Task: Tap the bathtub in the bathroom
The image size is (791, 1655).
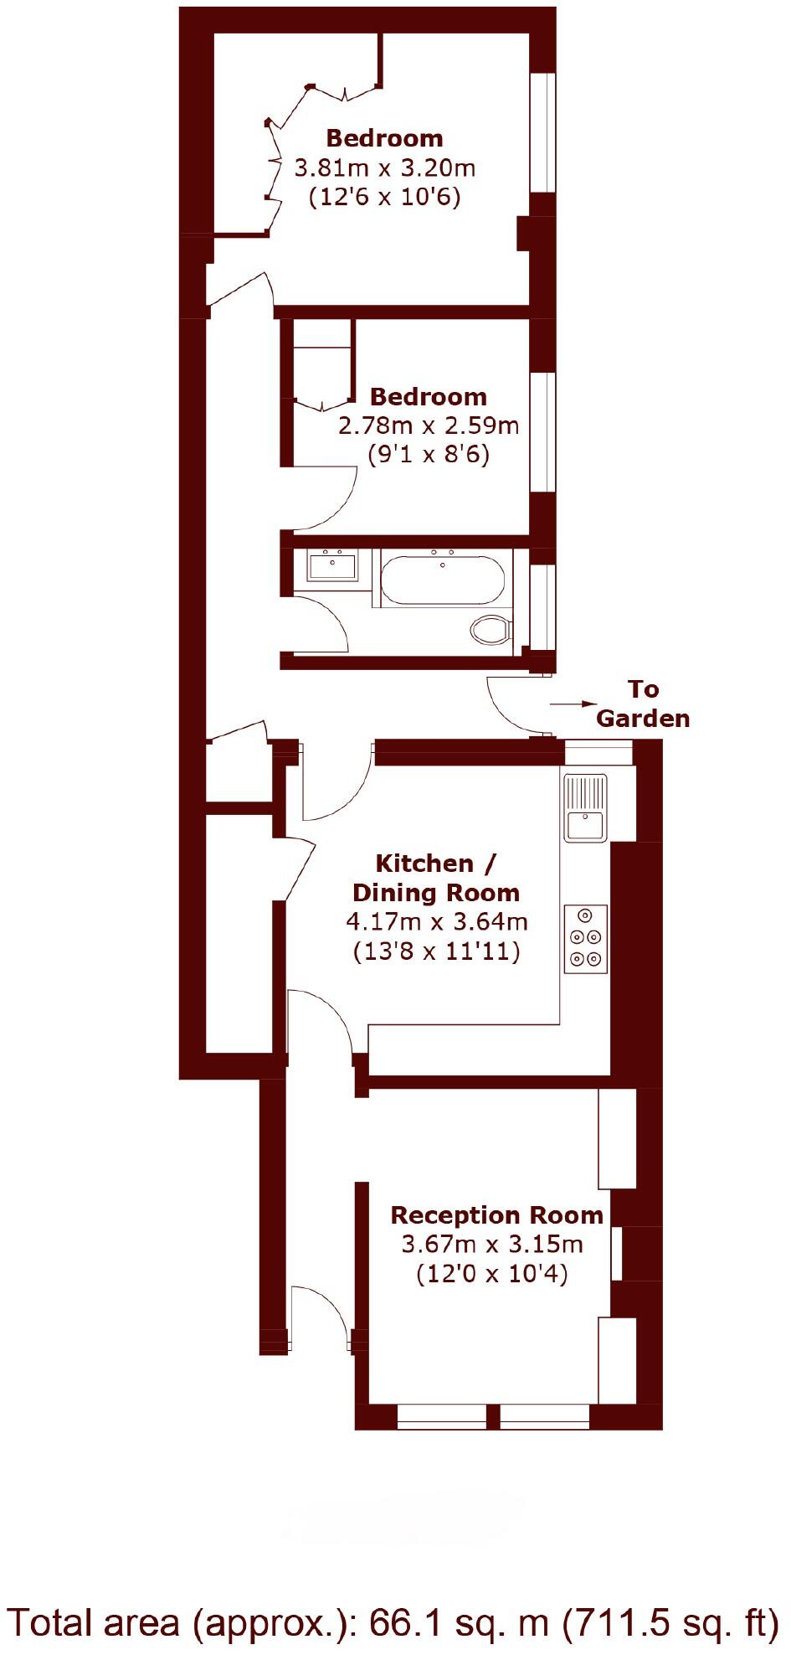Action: (443, 579)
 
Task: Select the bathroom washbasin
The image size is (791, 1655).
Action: (332, 566)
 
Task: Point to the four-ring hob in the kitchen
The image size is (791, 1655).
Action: (586, 938)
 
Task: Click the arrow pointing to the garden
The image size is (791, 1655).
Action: (573, 704)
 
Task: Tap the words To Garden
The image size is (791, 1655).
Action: (643, 704)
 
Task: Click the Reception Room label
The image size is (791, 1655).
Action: (496, 1214)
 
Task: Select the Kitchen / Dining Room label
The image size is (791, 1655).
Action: (435, 878)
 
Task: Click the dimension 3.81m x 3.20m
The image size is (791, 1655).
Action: (385, 168)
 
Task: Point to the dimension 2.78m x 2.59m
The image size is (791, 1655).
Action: (429, 425)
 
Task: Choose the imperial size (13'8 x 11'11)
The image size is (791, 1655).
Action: (437, 951)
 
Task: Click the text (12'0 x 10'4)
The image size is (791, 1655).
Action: (492, 1274)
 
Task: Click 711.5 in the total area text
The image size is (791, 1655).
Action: (619, 1622)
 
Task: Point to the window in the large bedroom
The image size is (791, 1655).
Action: (544, 134)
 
